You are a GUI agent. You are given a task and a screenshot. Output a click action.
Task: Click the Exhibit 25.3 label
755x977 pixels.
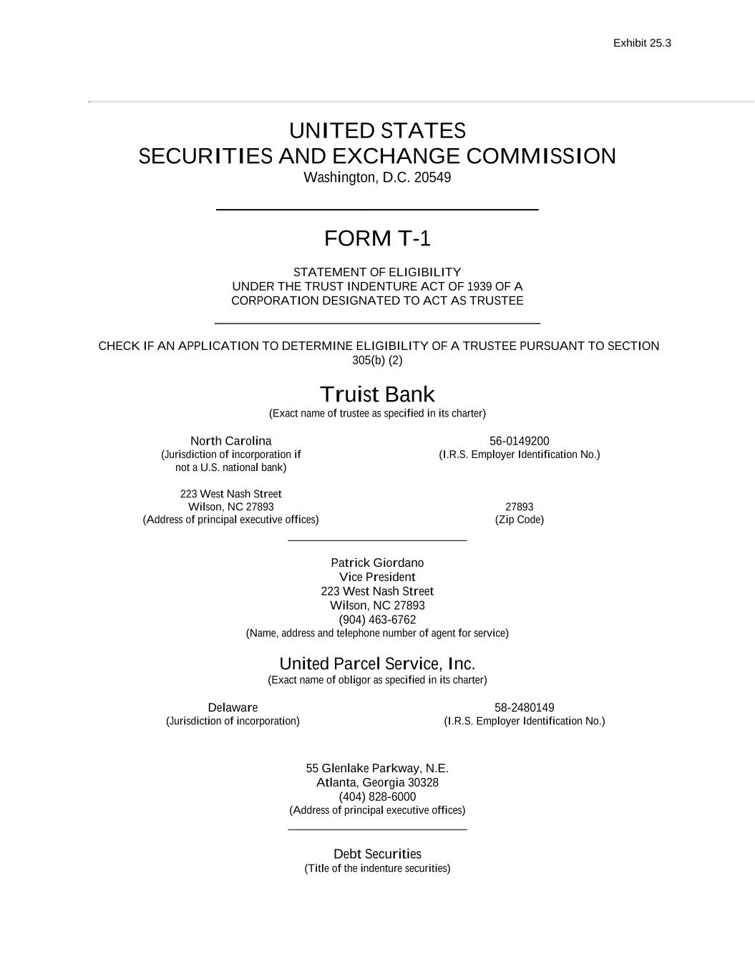(642, 43)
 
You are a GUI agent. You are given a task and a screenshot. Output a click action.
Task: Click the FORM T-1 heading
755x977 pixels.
(377, 238)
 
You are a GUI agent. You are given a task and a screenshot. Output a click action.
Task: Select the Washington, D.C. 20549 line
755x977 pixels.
(377, 178)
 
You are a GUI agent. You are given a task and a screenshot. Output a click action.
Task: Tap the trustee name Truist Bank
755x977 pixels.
(377, 394)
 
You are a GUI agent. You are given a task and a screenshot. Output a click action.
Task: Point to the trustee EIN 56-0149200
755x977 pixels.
(519, 441)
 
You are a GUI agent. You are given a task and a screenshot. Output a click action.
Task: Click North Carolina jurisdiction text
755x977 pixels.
(230, 441)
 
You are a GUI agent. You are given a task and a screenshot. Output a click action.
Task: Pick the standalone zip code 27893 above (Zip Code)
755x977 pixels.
(519, 507)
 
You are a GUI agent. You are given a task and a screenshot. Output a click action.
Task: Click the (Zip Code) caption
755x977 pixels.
(519, 520)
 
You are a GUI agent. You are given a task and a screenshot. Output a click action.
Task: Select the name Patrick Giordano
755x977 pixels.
(377, 563)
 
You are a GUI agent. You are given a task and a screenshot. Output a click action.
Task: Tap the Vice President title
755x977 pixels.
(377, 577)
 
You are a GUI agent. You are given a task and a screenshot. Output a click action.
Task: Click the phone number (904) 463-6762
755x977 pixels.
(377, 620)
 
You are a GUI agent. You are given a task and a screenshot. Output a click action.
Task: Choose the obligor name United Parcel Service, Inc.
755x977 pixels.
(377, 664)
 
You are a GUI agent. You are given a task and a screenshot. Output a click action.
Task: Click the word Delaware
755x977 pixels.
(233, 708)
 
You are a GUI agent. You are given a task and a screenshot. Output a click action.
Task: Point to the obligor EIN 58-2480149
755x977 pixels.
(524, 708)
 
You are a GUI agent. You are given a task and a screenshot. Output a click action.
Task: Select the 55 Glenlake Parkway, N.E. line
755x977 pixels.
(377, 768)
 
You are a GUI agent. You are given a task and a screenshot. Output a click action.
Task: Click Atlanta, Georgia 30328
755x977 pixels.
(377, 782)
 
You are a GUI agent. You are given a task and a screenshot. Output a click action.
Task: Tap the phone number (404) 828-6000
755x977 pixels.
(377, 797)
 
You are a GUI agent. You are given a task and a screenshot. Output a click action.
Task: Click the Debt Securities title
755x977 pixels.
(377, 854)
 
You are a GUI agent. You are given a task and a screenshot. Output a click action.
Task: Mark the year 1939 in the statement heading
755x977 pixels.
(479, 286)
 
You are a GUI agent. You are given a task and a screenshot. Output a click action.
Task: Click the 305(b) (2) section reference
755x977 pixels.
(377, 360)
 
